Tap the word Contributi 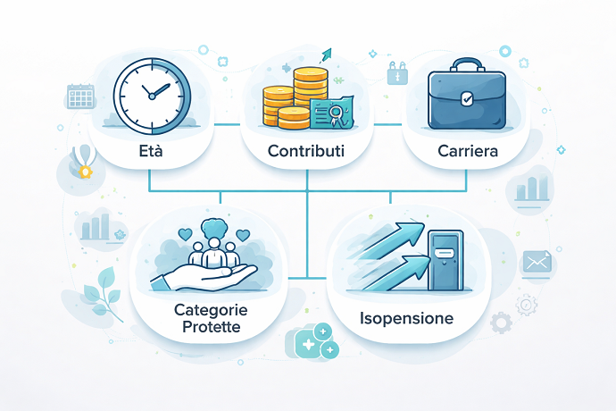click(306, 152)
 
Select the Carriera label click(467, 152)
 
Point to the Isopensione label click(406, 318)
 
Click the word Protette click(210, 327)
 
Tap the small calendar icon click(80, 96)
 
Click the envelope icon click(537, 262)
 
